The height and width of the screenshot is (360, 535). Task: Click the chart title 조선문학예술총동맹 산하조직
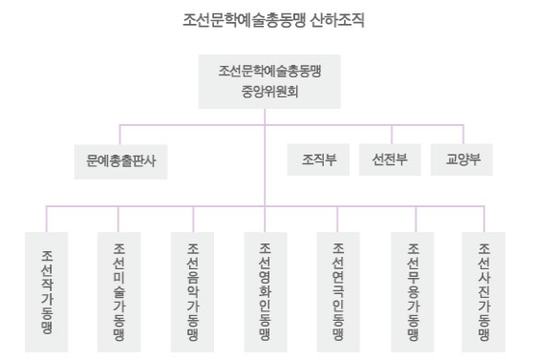(267, 19)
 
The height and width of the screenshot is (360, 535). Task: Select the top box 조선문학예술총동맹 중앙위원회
(267, 82)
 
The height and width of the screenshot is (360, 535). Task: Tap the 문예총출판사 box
(119, 159)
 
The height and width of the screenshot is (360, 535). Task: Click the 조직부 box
(312, 159)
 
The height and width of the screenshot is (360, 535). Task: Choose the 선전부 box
(390, 159)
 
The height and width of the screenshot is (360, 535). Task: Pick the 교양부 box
(462, 159)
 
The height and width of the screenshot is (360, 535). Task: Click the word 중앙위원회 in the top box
(267, 94)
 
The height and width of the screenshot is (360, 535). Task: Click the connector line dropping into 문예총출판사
(119, 133)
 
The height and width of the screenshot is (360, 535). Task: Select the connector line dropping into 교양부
(462, 133)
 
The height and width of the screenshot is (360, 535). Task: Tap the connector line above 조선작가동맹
(48, 219)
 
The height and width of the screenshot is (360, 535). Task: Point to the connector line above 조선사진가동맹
(484, 219)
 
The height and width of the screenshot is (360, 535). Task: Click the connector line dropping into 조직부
(312, 133)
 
